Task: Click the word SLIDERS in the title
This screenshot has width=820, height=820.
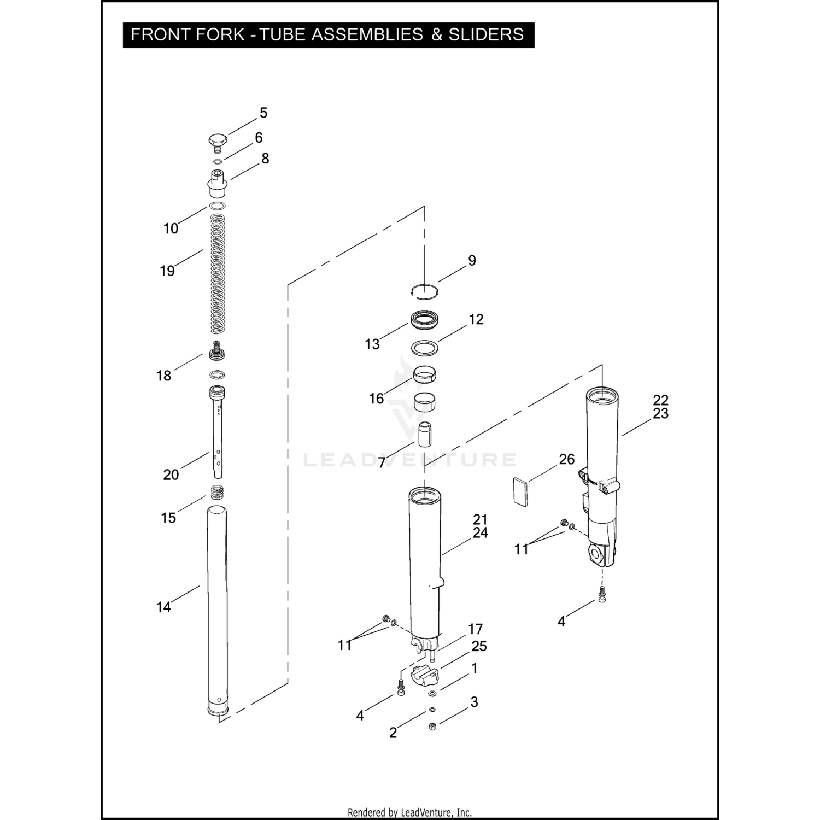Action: (x=486, y=34)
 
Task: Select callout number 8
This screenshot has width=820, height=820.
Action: (x=265, y=159)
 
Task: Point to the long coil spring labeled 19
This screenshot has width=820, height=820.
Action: (x=218, y=273)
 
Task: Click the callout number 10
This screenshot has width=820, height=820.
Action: (x=171, y=229)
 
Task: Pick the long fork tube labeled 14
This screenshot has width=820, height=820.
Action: (x=217, y=607)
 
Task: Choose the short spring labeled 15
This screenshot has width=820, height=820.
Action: (x=218, y=493)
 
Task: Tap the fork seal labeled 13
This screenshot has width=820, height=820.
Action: (x=424, y=320)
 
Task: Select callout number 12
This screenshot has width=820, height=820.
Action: (x=476, y=319)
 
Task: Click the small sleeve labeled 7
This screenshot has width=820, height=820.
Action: (x=425, y=433)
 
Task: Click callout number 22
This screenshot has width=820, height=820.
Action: (x=660, y=400)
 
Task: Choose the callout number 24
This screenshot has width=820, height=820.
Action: (x=480, y=532)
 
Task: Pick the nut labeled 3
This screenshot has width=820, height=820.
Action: (x=432, y=726)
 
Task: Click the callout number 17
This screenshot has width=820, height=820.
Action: (x=475, y=629)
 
